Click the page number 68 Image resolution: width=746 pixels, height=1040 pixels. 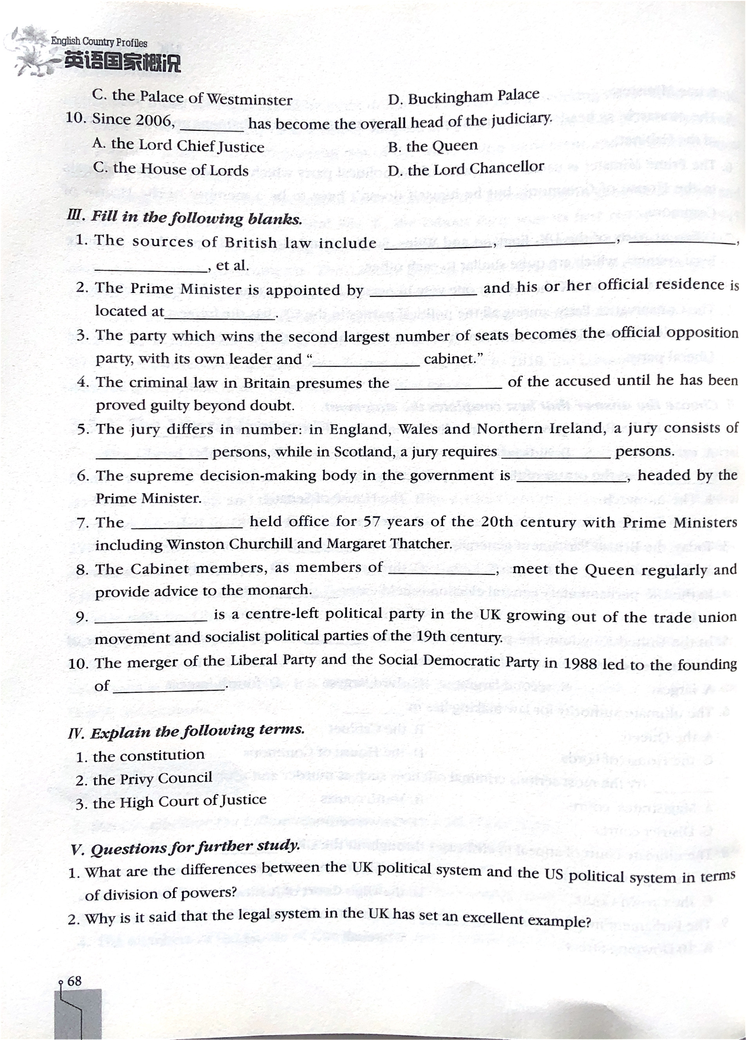coord(74,981)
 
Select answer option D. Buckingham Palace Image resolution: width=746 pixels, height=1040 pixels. coord(463,97)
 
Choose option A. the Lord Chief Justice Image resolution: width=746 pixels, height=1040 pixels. coord(178,146)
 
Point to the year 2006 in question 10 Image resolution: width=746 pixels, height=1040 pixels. coord(153,120)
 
